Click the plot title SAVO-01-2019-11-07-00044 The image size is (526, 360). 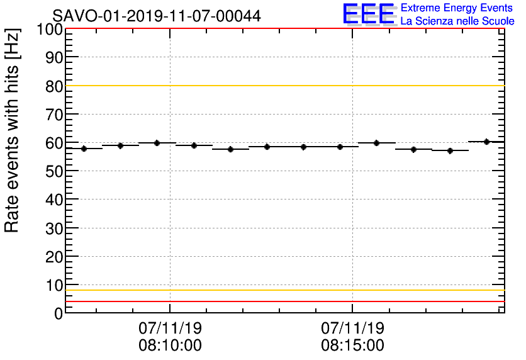[156, 15]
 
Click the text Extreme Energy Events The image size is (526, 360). [457, 8]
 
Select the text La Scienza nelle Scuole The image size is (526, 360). [457, 21]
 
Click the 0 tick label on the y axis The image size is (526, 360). [58, 313]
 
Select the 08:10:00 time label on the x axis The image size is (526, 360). [170, 346]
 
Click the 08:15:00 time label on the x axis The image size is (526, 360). [352, 346]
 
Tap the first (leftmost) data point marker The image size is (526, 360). [84, 149]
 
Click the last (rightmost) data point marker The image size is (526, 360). [486, 142]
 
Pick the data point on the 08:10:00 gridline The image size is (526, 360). [157, 143]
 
